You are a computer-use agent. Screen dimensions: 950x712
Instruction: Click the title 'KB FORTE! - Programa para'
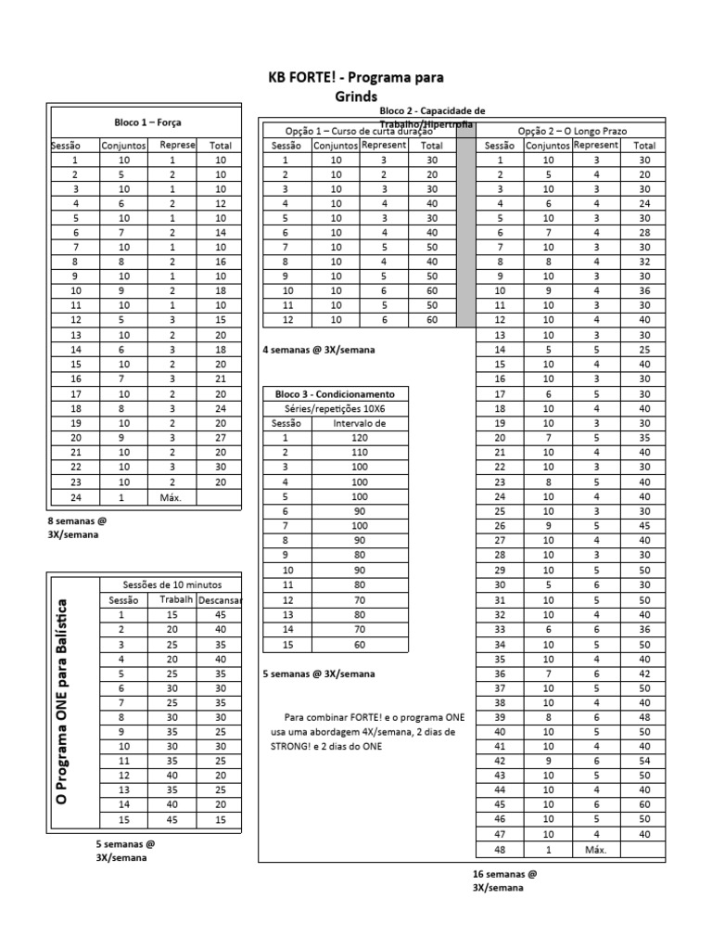click(x=356, y=79)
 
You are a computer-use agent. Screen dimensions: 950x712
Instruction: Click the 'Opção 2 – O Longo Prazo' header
click(x=572, y=132)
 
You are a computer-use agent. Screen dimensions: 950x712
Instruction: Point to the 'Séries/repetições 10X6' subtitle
click(x=336, y=408)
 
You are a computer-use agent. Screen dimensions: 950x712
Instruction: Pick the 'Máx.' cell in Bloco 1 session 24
click(x=170, y=496)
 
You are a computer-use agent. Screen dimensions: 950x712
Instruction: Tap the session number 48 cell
click(x=500, y=849)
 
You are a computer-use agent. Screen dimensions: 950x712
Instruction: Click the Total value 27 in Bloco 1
click(x=220, y=438)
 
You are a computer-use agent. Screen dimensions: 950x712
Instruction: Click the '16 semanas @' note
click(x=504, y=874)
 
